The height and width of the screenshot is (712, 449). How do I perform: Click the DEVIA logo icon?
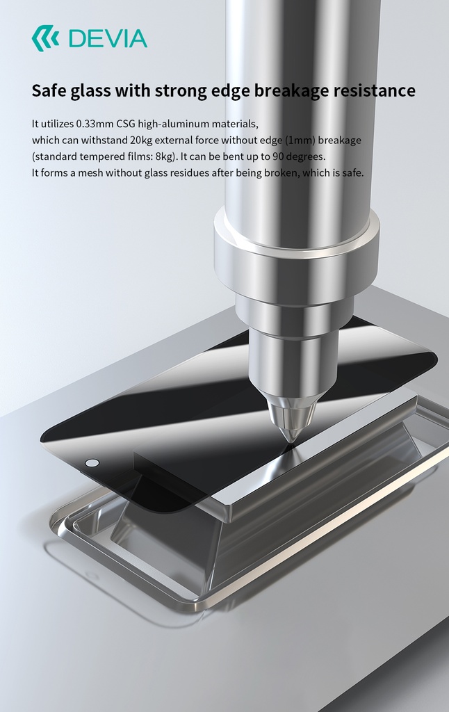(x=44, y=38)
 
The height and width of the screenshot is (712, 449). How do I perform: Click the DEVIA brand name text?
(x=108, y=38)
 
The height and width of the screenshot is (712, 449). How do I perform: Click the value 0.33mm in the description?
(x=92, y=124)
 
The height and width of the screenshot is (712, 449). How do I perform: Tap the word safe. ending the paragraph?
(x=352, y=172)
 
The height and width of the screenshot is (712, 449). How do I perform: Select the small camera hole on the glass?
(x=92, y=463)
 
